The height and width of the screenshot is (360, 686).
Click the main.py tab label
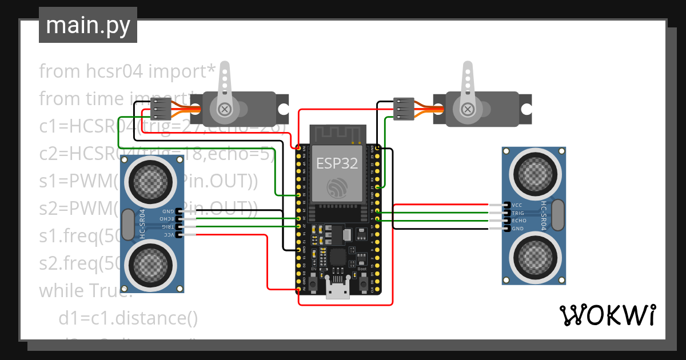click(88, 26)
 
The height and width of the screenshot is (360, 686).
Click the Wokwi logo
click(607, 315)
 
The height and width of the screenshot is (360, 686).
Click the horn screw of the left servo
click(225, 109)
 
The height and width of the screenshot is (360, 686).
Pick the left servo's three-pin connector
click(160, 109)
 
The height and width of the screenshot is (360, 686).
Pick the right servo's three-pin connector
click(404, 109)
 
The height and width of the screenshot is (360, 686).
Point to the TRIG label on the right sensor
click(519, 213)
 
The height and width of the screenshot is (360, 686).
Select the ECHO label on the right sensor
click(519, 221)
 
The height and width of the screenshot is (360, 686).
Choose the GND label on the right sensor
click(518, 229)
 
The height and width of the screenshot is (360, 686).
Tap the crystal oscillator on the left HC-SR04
click(128, 224)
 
